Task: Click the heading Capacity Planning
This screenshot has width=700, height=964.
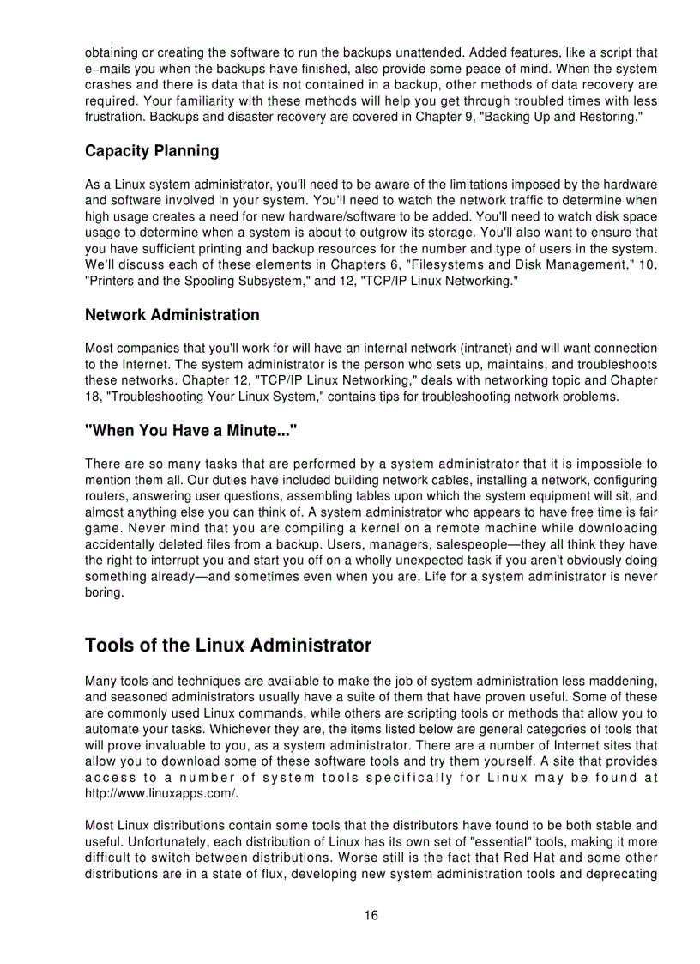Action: [x=152, y=151]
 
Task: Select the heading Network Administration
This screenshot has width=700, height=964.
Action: [x=172, y=315]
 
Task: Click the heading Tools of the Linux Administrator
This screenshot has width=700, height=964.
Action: [x=228, y=645]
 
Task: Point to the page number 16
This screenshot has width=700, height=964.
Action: [x=371, y=915]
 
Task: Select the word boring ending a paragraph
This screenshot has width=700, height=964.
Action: [x=103, y=593]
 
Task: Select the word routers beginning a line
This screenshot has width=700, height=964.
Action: [x=104, y=496]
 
